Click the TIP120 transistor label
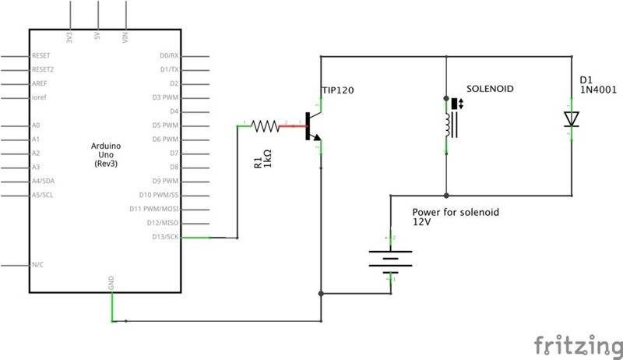[x=338, y=90]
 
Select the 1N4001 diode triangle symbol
[x=572, y=118]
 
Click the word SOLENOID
[x=489, y=90]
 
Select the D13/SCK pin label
[x=165, y=237]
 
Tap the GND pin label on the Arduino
[x=112, y=286]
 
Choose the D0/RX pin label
[x=168, y=56]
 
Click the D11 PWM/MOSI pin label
[x=154, y=209]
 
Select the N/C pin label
[x=37, y=265]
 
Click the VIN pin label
[x=126, y=37]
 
